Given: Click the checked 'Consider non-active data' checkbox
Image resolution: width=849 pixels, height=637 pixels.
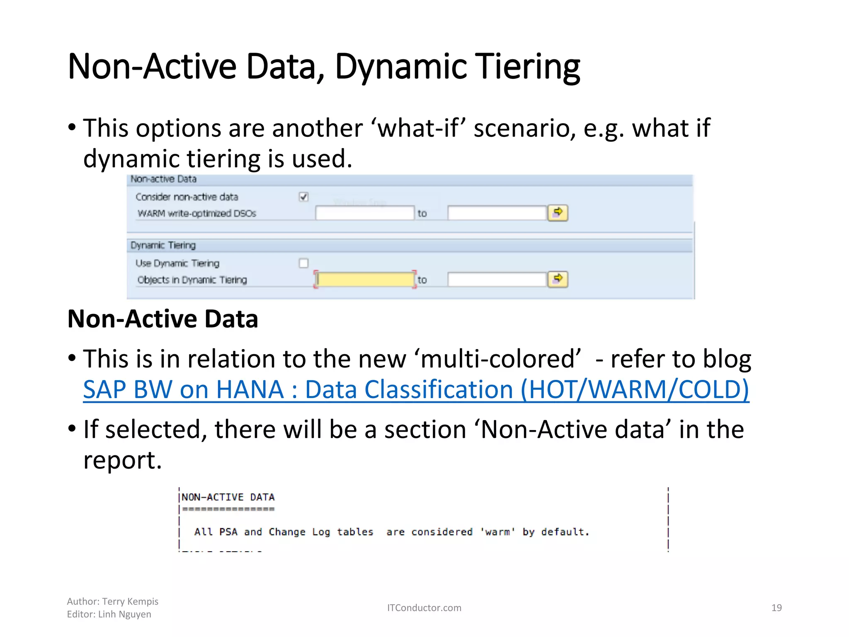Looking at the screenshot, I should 303,197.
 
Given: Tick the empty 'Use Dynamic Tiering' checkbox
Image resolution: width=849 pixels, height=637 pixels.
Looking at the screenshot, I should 303,263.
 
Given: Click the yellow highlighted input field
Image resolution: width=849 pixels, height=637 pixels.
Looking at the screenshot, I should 365,280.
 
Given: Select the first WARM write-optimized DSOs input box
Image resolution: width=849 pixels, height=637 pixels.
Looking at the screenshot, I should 365,213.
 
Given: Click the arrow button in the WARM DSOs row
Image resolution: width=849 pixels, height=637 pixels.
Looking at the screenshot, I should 558,213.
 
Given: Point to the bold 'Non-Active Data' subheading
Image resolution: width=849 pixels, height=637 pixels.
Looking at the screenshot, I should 163,319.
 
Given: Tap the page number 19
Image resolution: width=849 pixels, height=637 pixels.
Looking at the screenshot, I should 776,608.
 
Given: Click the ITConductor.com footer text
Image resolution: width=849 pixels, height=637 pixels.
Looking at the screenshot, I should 424,608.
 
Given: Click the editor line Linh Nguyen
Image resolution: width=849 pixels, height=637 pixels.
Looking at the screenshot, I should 124,614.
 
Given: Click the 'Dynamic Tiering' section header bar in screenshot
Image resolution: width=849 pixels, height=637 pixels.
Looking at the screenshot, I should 163,245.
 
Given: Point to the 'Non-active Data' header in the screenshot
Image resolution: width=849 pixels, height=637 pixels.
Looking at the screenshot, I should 163,179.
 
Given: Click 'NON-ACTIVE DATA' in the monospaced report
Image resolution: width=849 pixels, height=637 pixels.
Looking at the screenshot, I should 228,497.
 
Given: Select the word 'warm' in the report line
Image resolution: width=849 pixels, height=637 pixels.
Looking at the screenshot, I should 497,532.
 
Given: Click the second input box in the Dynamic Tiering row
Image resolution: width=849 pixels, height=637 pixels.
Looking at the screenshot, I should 497,280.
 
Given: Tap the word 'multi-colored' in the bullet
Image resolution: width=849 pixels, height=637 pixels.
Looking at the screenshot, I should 500,359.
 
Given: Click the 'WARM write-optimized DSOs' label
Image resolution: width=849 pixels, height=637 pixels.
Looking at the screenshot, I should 197,213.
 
